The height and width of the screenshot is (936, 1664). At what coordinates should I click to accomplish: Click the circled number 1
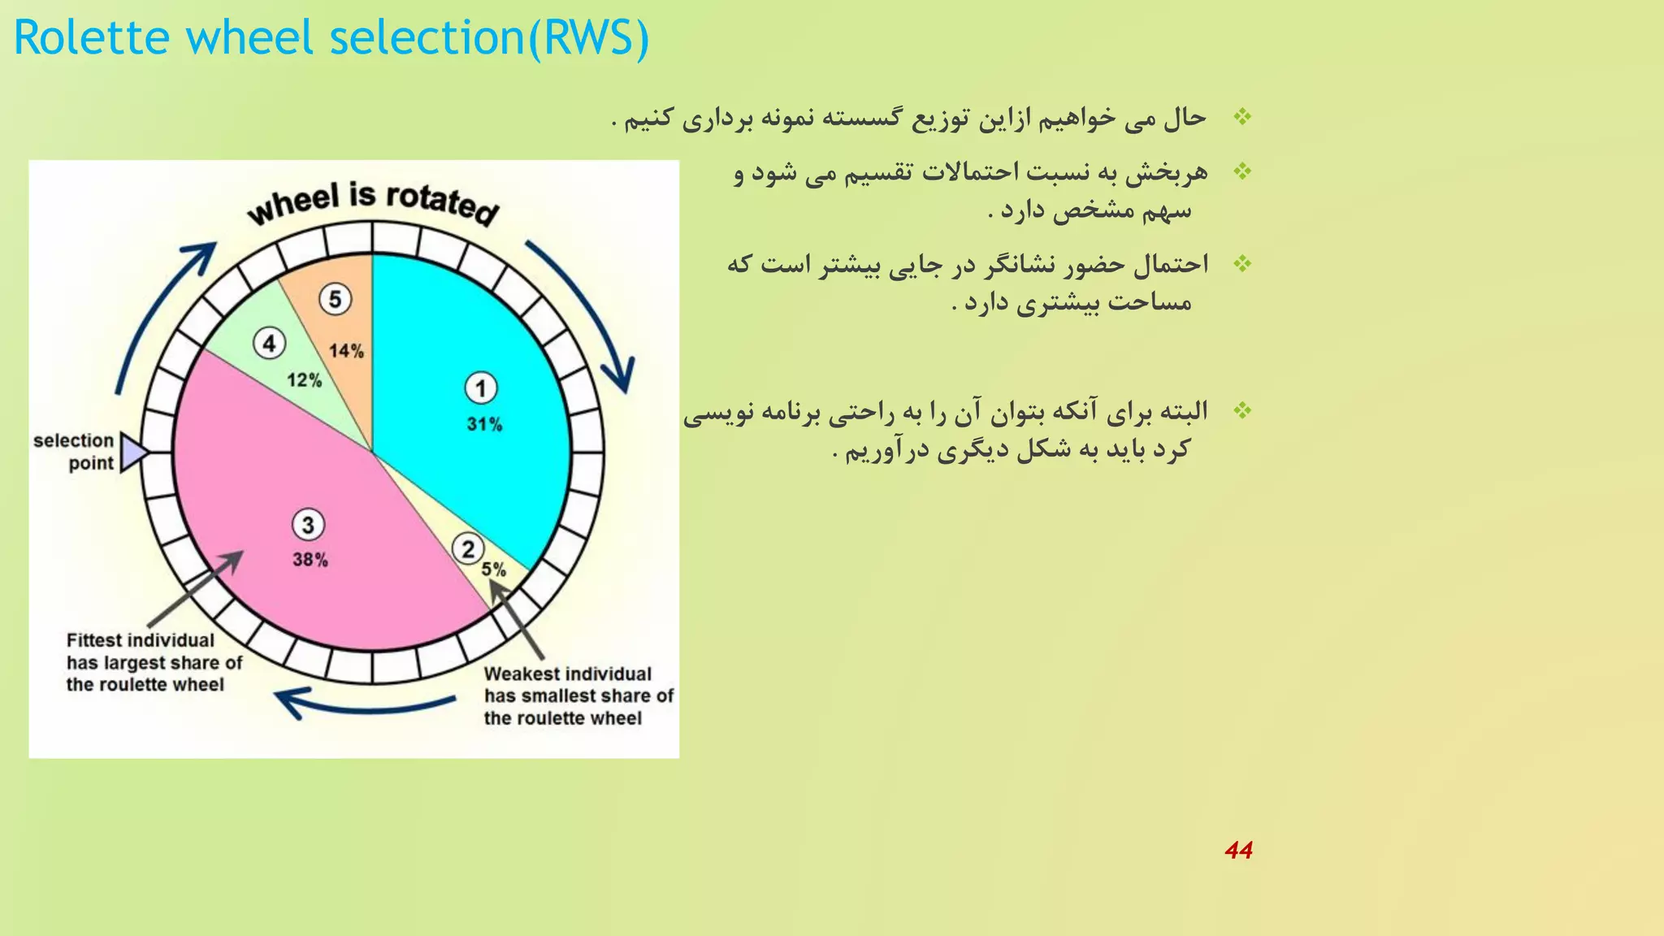coord(480,388)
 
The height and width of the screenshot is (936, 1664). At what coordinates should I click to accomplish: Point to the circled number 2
coord(468,549)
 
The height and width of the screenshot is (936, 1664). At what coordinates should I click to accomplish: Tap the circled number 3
coord(308,525)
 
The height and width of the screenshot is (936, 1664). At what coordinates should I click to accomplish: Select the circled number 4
coord(269,344)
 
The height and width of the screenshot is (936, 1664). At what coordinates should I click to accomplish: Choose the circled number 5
coord(335,299)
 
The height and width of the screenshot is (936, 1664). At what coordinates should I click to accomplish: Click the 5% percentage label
coord(493,570)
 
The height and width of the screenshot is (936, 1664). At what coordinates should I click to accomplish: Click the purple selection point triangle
coord(132,452)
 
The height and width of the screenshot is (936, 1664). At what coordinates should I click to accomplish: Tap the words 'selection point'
coord(75,452)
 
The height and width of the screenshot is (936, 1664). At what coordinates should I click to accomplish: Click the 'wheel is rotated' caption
coord(372,203)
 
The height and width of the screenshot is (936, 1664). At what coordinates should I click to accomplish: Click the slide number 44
coord(1238,850)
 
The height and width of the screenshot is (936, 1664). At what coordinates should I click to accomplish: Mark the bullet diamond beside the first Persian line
coord(1242,117)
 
